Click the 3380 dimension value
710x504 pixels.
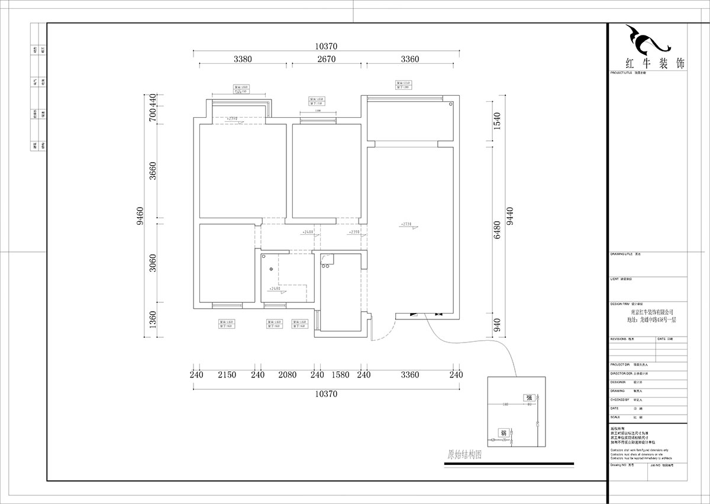(243, 59)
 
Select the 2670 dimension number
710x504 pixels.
(326, 59)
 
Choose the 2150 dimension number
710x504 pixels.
(227, 374)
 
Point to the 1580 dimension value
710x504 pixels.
(340, 374)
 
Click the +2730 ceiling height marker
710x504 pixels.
(406, 225)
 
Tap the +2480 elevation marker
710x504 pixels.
(275, 289)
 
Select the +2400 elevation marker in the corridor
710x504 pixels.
(307, 232)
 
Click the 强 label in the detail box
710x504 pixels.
(528, 398)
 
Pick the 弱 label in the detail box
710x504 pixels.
(503, 432)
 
